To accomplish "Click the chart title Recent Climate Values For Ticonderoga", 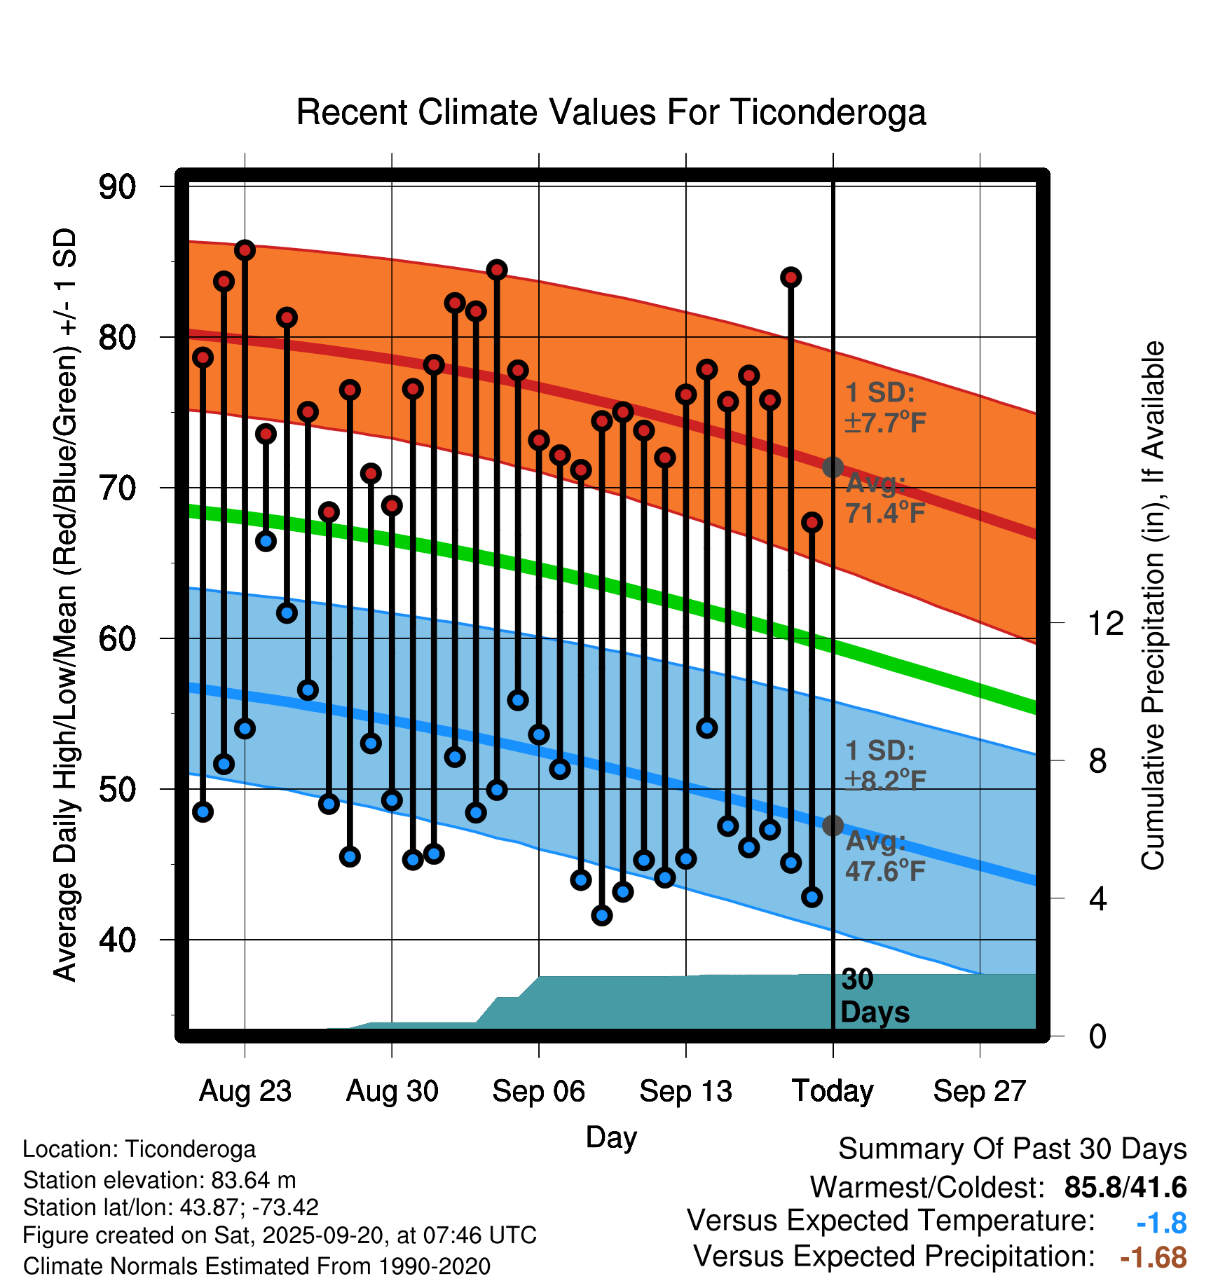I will pyautogui.click(x=611, y=112).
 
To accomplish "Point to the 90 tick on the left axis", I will pyautogui.click(x=117, y=186).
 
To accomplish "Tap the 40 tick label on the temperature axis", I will pyautogui.click(x=117, y=940).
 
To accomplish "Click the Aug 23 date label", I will pyautogui.click(x=245, y=1091).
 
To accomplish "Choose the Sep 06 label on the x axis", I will pyautogui.click(x=538, y=1091).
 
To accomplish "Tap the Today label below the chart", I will pyautogui.click(x=833, y=1091).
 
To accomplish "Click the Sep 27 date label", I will pyautogui.click(x=979, y=1091).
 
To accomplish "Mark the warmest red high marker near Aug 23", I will pyautogui.click(x=245, y=250).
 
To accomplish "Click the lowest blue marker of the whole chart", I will pyautogui.click(x=601, y=915).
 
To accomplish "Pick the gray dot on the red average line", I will pyautogui.click(x=833, y=467).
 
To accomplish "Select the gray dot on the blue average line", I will pyautogui.click(x=833, y=826).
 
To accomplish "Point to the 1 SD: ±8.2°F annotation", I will pyautogui.click(x=884, y=765).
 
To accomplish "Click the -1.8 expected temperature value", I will pyautogui.click(x=1161, y=1223).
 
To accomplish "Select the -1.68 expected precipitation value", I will pyautogui.click(x=1153, y=1257).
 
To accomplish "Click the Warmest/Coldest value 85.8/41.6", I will pyautogui.click(x=1125, y=1187).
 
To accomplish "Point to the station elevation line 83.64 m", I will pyautogui.click(x=160, y=1180).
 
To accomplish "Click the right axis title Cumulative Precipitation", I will pyautogui.click(x=1152, y=606).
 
